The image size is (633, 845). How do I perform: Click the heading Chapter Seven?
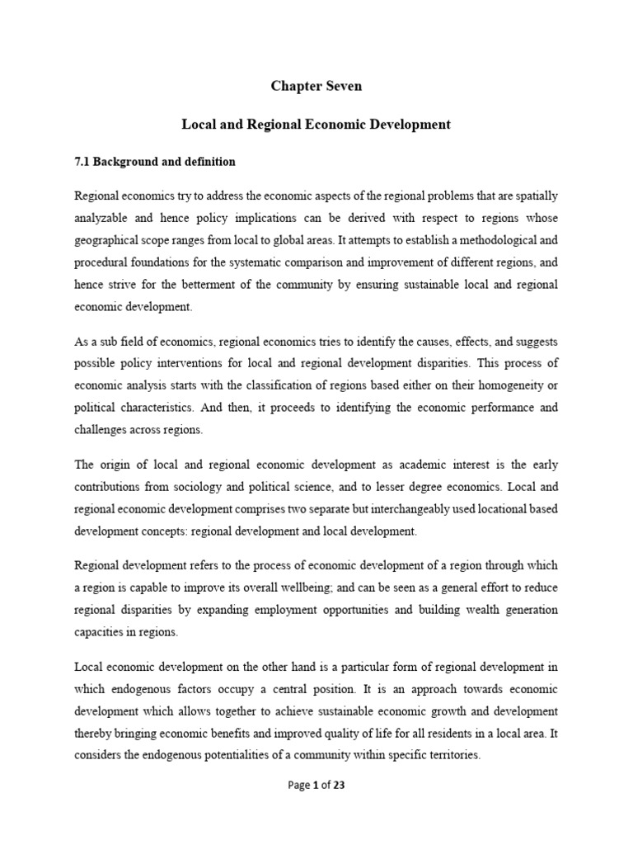pyautogui.click(x=316, y=87)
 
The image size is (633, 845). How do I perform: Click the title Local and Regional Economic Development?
pyautogui.click(x=316, y=125)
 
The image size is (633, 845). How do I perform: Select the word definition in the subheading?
pyautogui.click(x=206, y=162)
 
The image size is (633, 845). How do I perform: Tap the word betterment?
pyautogui.click(x=212, y=285)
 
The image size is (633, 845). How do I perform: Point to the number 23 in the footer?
pyautogui.click(x=338, y=786)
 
